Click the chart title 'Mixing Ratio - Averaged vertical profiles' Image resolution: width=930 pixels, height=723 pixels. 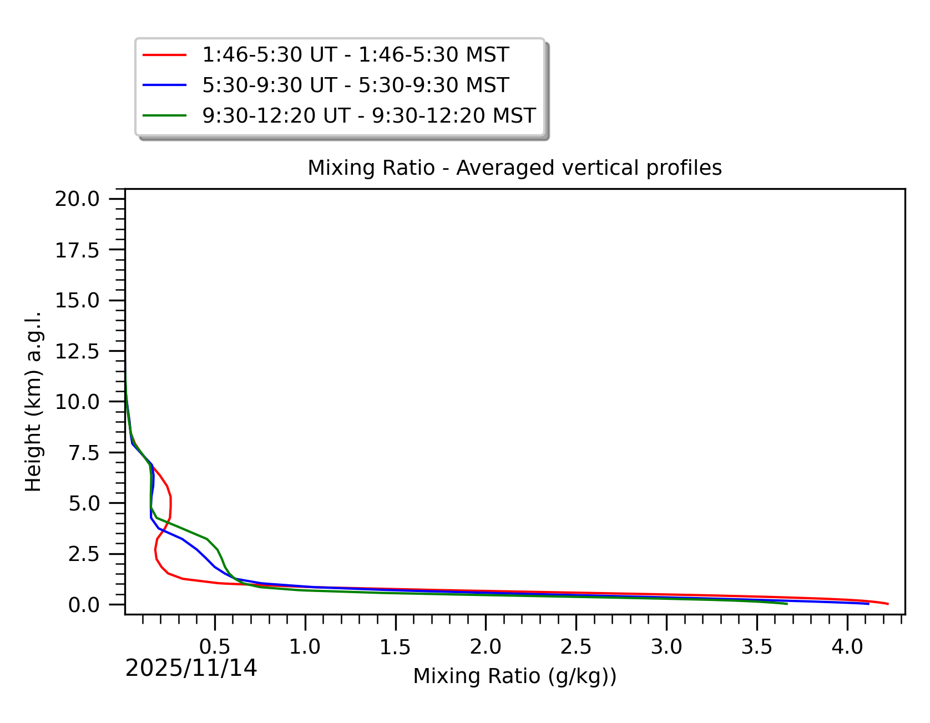(514, 168)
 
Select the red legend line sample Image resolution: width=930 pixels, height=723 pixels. (164, 55)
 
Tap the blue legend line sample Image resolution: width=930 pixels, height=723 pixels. (164, 85)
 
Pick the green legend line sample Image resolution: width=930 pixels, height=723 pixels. (164, 115)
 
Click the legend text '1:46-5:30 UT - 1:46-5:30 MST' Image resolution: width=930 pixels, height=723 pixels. (355, 55)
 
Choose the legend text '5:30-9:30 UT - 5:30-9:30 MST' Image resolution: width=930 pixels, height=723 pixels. (355, 85)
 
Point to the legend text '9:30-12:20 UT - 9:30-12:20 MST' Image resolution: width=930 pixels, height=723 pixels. (368, 115)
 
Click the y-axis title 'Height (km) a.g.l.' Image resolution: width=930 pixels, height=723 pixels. (33, 401)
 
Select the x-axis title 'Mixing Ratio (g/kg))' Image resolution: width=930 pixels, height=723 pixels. (514, 676)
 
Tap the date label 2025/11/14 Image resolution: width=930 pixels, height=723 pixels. (191, 668)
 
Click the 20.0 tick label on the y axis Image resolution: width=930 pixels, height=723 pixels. (77, 199)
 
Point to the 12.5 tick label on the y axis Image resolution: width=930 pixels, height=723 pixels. (77, 351)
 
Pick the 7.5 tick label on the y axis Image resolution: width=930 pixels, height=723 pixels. (83, 453)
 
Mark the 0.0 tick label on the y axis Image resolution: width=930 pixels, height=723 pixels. (83, 605)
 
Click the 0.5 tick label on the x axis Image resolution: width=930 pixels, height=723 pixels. (215, 646)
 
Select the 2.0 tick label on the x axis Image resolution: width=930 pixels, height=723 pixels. (486, 646)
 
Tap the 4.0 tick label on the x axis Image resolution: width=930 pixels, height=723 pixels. (847, 646)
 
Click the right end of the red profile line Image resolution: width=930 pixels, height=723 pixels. (888, 604)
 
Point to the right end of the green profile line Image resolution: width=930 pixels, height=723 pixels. (787, 604)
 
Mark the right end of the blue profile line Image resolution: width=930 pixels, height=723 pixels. (868, 604)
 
